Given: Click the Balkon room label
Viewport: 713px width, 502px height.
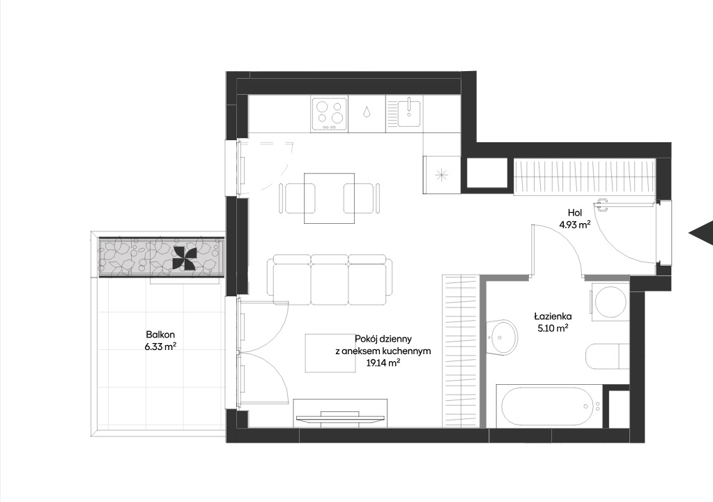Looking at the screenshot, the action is (160, 335).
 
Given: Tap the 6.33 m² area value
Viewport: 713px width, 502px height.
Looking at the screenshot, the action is (160, 347).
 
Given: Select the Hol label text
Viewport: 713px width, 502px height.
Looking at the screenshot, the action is (575, 213).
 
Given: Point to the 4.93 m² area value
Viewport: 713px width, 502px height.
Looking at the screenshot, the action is (575, 225).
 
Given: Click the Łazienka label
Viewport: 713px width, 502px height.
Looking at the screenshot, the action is (553, 317).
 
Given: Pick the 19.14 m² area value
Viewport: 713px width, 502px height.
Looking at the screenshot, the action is (383, 363).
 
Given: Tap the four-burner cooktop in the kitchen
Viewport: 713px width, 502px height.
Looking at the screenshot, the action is (330, 114).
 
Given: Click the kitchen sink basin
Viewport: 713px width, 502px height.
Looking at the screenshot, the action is (409, 113).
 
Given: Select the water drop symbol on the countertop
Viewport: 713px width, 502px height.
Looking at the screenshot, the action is (367, 112).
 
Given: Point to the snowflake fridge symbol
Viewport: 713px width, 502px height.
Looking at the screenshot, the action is (442, 174).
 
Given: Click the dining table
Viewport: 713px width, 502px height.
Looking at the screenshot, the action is (330, 198).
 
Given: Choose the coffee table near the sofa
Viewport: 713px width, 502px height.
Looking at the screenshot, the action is (330, 353).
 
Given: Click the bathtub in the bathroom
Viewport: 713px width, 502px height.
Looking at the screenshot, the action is (549, 406).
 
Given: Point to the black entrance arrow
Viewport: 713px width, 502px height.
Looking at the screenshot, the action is (701, 234).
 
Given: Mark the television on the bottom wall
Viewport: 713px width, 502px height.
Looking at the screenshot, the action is (340, 418).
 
